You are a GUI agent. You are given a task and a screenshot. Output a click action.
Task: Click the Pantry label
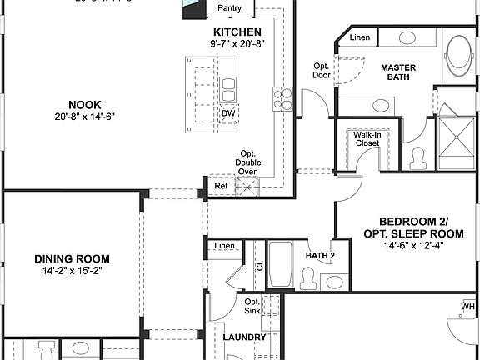(230, 8)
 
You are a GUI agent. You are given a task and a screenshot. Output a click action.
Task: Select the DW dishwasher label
(227, 113)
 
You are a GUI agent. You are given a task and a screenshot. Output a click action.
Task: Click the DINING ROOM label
(72, 258)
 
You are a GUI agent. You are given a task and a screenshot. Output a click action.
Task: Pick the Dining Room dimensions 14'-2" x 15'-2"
(72, 272)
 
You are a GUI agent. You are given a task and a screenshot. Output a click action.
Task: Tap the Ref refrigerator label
(221, 187)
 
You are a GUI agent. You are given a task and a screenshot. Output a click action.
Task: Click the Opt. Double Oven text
(248, 162)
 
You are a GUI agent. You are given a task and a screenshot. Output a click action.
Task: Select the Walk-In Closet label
(367, 138)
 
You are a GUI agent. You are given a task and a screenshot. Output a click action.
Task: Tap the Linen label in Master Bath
(360, 37)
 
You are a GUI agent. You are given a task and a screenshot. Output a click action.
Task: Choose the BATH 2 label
(319, 256)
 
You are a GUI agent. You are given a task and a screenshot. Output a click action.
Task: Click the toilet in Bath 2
(307, 280)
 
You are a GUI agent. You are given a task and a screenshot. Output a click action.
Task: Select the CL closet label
(259, 266)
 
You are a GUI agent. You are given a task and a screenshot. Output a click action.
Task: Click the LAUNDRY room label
(245, 337)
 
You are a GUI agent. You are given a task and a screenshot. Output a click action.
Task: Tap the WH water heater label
(467, 307)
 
